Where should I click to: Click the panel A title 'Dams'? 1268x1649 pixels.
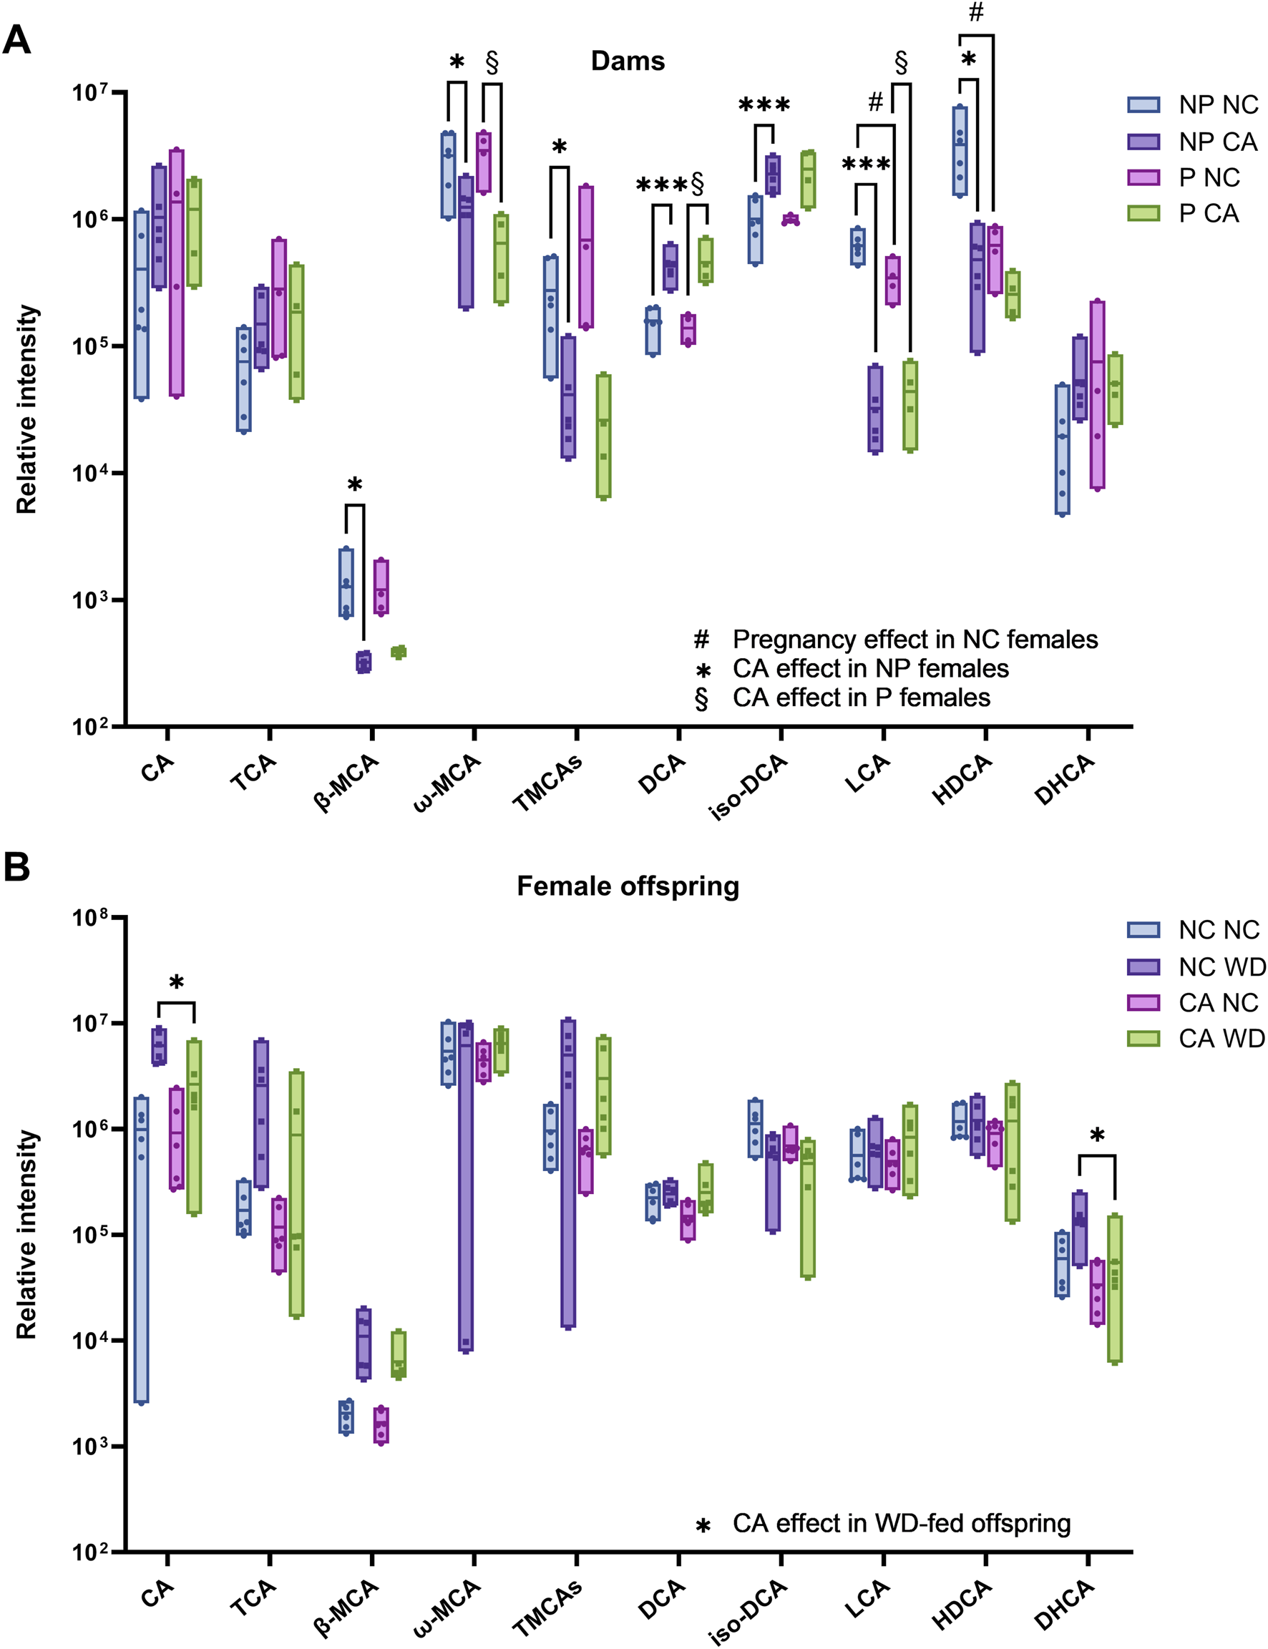coord(628,61)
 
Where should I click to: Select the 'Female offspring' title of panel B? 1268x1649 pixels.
coord(628,886)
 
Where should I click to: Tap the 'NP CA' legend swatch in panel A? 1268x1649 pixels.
coord(1143,141)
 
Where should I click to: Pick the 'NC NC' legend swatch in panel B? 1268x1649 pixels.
coord(1143,930)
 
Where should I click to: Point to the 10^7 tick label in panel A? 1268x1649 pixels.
coord(91,93)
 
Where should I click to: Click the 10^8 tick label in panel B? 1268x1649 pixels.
coord(91,918)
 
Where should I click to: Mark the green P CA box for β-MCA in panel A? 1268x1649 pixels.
coord(399,652)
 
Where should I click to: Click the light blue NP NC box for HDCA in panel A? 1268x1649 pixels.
coord(960,151)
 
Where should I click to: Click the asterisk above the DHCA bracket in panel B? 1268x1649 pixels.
coord(1098,1136)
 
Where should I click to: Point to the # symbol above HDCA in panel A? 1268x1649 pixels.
coord(976,13)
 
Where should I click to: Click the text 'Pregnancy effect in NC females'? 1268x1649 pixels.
coord(915,640)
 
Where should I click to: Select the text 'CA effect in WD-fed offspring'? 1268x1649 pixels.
coord(901,1523)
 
